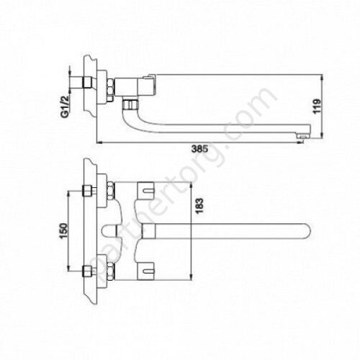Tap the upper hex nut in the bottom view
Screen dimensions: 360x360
point(89,192)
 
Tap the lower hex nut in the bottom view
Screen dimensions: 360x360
point(89,271)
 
